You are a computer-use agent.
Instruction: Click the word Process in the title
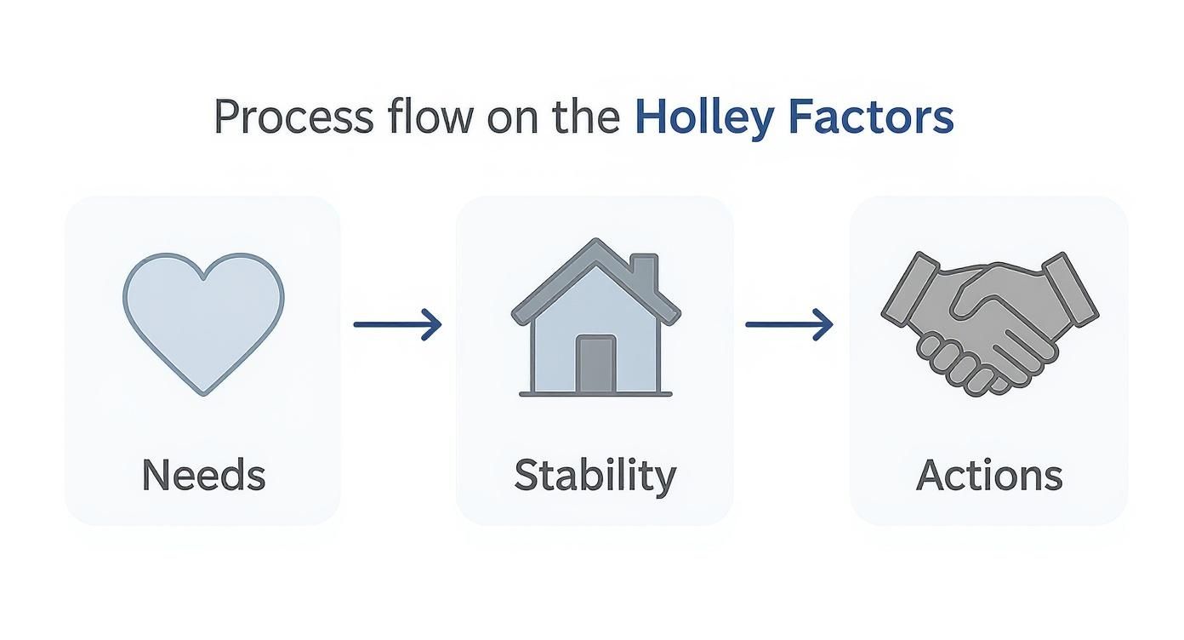(294, 117)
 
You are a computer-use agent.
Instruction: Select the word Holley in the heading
(704, 119)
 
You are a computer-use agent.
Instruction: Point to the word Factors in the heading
(871, 116)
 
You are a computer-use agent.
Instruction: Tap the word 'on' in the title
(513, 121)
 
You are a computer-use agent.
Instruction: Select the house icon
(595, 317)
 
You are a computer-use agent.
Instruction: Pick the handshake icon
(990, 323)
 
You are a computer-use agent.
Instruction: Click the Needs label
(203, 474)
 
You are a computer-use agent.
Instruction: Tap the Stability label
(595, 477)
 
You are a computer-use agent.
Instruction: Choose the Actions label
(989, 475)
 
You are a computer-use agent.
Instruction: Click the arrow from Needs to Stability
(397, 324)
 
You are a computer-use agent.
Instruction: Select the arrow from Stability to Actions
(789, 324)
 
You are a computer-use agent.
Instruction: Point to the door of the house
(596, 364)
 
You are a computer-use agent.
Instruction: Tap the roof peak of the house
(596, 241)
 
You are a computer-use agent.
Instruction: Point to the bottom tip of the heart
(204, 394)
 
